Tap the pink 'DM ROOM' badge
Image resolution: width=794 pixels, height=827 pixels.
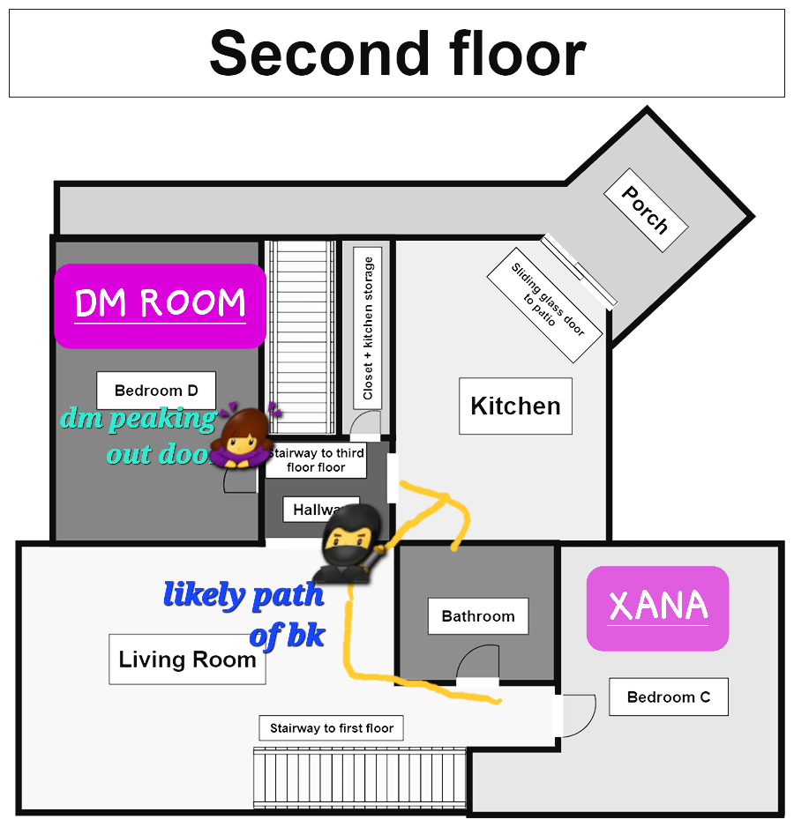161,305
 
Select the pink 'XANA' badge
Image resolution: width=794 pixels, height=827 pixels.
658,607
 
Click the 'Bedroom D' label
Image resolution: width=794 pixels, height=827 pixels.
156,391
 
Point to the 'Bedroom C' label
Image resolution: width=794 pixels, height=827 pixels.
668,697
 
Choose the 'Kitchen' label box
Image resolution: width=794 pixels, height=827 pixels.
515,406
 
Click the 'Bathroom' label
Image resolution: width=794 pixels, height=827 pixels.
478,616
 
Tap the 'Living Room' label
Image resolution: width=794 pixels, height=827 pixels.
187,659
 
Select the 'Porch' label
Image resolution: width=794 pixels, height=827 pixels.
645,209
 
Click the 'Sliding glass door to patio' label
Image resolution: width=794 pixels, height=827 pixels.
544,305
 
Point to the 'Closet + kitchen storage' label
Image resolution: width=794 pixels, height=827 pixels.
368,327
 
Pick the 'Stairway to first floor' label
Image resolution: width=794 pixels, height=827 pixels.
331,728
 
